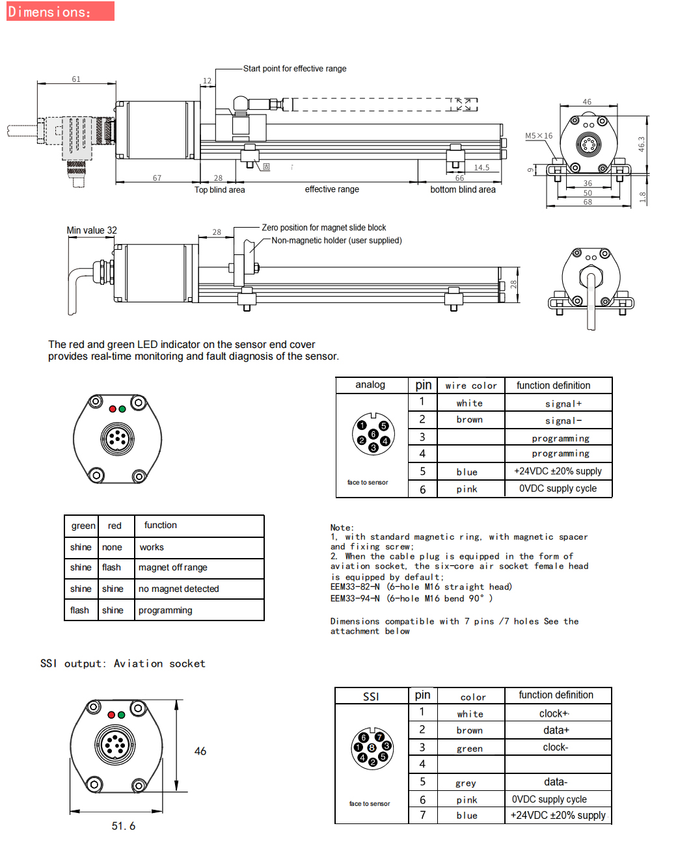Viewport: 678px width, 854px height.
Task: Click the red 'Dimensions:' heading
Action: (x=49, y=12)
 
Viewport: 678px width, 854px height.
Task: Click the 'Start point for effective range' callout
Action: (x=295, y=68)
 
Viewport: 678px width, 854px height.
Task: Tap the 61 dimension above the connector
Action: (x=76, y=79)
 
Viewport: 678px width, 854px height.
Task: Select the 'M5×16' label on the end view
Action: (x=539, y=136)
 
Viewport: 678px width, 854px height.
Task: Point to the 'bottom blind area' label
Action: (x=463, y=190)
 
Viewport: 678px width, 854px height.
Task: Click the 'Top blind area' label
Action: (x=220, y=190)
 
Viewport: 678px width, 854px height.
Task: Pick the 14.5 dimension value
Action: (x=481, y=168)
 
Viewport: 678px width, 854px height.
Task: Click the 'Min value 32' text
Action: (x=92, y=230)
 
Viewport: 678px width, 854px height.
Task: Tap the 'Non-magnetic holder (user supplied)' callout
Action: (x=336, y=241)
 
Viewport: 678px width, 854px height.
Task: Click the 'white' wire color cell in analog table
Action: (x=469, y=403)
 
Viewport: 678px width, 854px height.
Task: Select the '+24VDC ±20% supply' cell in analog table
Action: (x=558, y=471)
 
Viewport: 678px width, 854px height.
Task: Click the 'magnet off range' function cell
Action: (x=173, y=568)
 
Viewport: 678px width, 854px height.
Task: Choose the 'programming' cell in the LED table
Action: (x=165, y=611)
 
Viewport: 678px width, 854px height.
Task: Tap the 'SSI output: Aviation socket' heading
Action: (x=123, y=663)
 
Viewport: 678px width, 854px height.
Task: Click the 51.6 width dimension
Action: (x=124, y=826)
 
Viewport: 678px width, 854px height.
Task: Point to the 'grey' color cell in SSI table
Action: (x=466, y=783)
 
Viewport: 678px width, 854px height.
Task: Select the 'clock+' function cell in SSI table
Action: (x=554, y=714)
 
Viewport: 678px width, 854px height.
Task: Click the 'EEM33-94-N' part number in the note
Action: (x=355, y=598)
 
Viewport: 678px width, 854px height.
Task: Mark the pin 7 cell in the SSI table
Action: (x=422, y=815)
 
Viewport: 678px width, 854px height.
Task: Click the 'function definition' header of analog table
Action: (x=553, y=386)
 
